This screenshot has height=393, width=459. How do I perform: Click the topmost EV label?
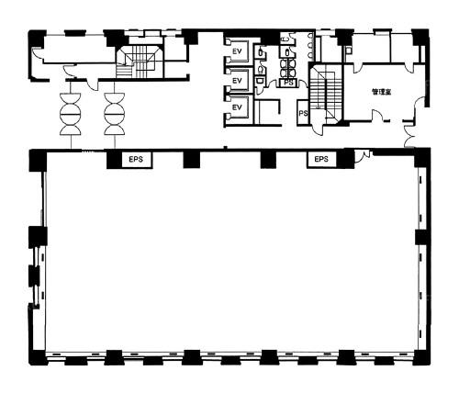click(237, 51)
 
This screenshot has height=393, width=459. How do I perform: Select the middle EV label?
click(237, 81)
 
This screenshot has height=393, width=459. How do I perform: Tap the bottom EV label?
click(237, 107)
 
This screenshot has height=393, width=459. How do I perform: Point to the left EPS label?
click(136, 159)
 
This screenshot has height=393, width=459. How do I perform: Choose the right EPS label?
click(321, 159)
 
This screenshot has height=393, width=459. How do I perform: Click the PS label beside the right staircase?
click(303, 113)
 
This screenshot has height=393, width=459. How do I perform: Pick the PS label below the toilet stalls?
click(288, 83)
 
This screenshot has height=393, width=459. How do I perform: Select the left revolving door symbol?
click(71, 114)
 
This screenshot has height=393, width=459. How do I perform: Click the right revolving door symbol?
click(115, 114)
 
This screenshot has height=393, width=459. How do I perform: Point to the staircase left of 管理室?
click(326, 94)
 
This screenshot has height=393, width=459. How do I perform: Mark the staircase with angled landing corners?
click(140, 62)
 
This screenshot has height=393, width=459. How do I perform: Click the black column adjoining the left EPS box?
click(114, 160)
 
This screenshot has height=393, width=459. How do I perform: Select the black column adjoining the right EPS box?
click(345, 159)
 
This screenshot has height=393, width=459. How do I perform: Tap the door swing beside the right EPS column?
click(364, 155)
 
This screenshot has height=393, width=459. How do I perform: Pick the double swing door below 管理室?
click(410, 135)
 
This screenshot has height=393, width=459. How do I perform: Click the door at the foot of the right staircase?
click(319, 129)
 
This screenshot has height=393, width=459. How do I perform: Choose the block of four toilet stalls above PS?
click(288, 68)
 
